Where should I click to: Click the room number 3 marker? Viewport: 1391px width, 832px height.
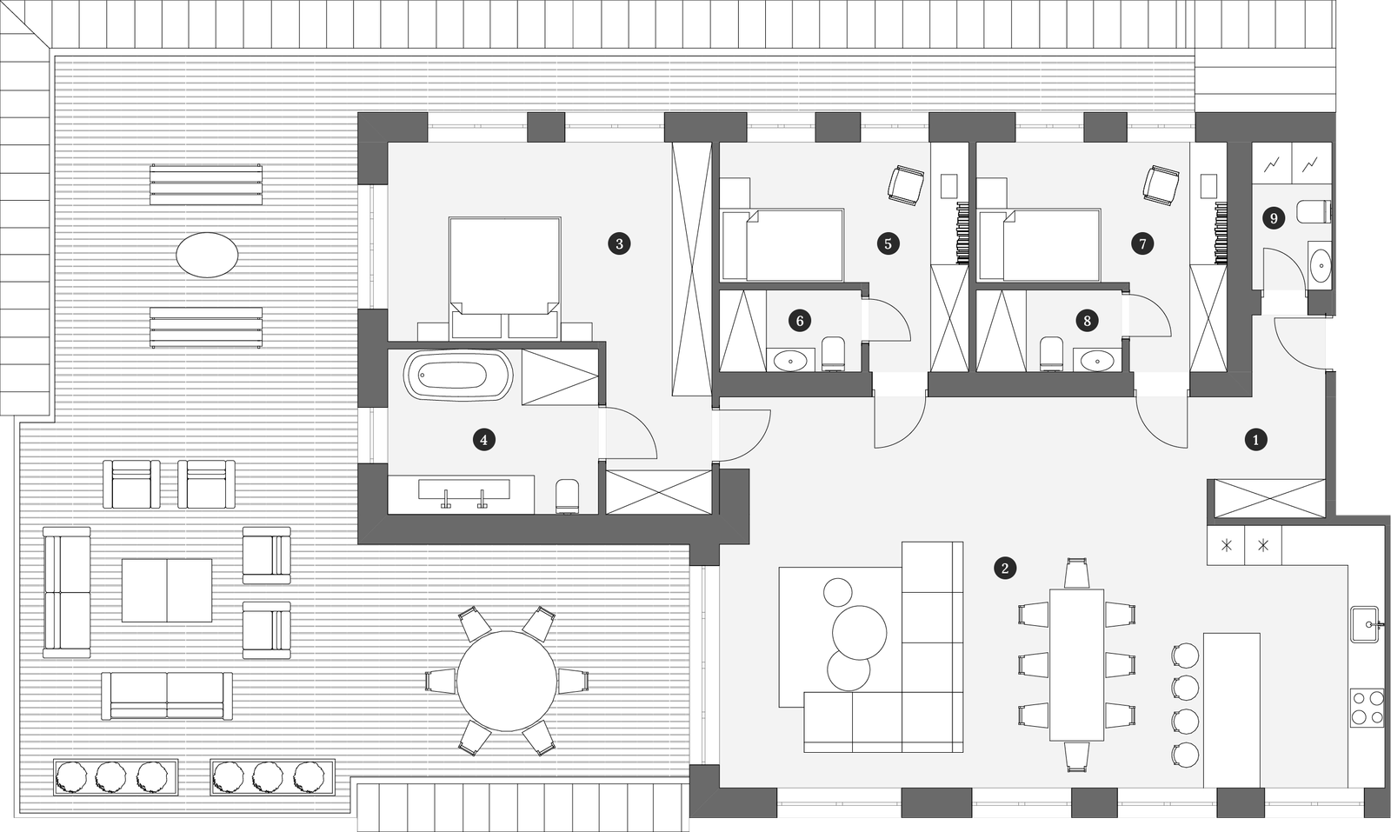[619, 243]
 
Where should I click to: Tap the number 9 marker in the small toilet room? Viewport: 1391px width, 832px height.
[1274, 218]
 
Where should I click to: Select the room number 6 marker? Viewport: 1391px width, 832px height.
[800, 321]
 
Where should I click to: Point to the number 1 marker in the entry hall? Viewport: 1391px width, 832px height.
[1255, 440]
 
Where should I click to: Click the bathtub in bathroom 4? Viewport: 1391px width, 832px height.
[458, 375]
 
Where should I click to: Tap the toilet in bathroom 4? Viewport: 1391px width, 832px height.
[568, 496]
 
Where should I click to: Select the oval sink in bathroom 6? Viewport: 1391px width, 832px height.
[790, 360]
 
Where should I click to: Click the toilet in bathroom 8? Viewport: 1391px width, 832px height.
[1051, 355]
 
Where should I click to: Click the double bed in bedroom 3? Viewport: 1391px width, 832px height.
[505, 277]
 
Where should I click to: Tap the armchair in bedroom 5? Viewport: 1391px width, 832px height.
[907, 183]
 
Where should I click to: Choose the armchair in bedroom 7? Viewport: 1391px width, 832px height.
[1161, 183]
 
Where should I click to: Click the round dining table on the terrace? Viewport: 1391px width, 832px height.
[507, 681]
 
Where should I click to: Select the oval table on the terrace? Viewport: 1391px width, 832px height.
[208, 255]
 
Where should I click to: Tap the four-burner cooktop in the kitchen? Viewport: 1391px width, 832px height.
[1366, 707]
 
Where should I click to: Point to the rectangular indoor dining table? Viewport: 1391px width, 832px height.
[1077, 664]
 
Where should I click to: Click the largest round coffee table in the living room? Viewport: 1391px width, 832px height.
[859, 632]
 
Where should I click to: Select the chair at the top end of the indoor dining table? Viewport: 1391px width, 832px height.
[1076, 573]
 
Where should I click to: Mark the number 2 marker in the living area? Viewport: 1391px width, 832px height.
[1005, 568]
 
